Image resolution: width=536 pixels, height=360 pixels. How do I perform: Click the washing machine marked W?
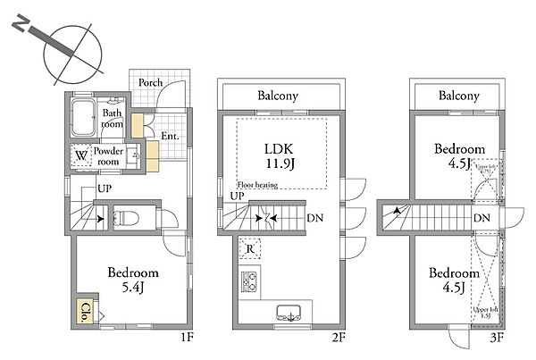(x=81, y=155)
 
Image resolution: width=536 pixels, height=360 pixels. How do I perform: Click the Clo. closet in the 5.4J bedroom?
(x=85, y=312)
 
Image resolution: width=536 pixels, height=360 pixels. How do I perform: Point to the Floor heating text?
(x=260, y=185)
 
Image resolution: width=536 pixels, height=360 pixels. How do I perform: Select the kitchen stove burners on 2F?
(x=247, y=282)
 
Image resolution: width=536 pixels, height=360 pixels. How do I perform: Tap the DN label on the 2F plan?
(x=314, y=217)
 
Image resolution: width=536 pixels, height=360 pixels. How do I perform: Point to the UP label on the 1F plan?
(x=103, y=190)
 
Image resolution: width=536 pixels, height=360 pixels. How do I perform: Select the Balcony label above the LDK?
(x=278, y=96)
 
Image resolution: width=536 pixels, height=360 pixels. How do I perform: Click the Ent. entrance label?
(x=172, y=137)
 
